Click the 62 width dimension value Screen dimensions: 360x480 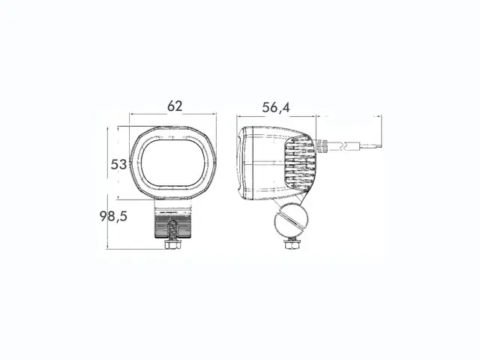click(174, 106)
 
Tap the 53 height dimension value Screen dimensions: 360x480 click(119, 164)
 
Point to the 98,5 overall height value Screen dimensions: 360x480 click(114, 216)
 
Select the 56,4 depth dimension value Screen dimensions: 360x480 click(276, 108)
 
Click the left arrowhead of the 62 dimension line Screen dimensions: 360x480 click(132, 115)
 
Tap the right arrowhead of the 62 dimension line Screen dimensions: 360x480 click(215, 115)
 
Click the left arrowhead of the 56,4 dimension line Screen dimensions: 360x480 click(239, 117)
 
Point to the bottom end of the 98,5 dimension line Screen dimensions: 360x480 click(109, 249)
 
